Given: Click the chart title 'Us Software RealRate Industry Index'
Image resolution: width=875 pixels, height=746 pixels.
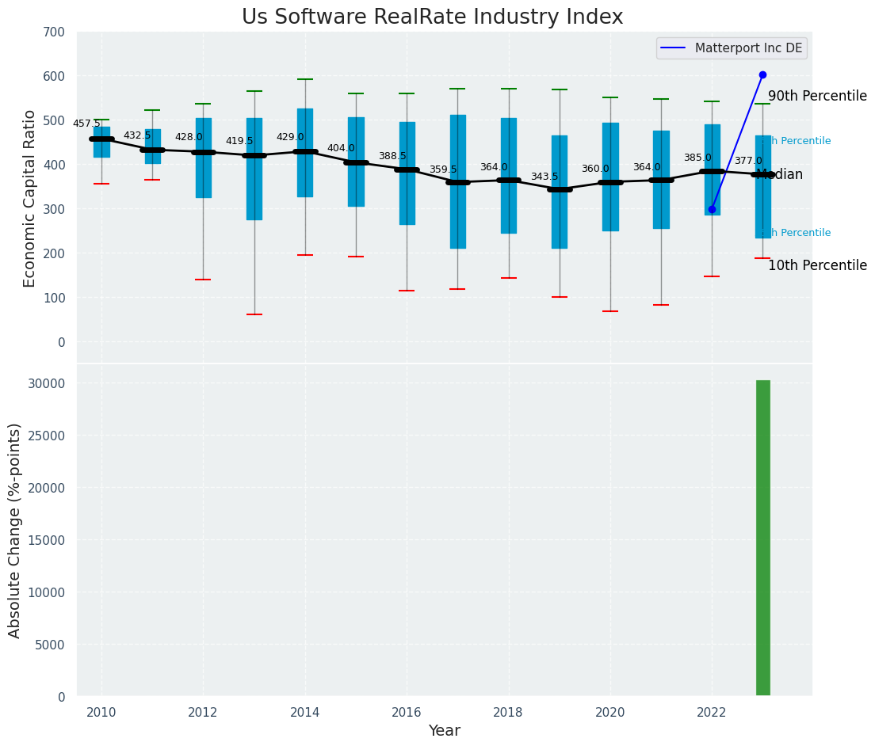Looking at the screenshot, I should point(432,17).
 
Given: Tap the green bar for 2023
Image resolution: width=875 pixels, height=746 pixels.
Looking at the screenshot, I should point(762,538).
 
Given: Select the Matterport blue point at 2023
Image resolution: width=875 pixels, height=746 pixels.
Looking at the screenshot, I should point(762,75).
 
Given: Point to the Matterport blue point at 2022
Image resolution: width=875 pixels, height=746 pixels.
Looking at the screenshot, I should point(712,210).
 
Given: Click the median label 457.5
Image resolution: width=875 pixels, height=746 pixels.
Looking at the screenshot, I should point(86,124).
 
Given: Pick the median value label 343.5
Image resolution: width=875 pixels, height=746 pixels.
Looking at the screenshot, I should point(544,177).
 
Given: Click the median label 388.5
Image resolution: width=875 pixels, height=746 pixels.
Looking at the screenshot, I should point(392,156).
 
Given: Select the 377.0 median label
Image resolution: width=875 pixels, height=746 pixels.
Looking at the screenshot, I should point(747,161).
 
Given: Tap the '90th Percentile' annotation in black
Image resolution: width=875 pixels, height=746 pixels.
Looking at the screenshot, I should point(817,96).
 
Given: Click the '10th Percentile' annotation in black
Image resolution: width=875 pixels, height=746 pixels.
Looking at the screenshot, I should point(817,265).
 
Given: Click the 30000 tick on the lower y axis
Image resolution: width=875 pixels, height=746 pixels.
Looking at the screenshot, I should point(49,383).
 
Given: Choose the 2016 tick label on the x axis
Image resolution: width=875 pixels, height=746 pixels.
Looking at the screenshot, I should point(407,713).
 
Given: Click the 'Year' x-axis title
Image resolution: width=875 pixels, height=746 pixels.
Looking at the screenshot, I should point(444,731).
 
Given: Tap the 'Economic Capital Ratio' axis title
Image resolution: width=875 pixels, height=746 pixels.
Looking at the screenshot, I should point(30,198).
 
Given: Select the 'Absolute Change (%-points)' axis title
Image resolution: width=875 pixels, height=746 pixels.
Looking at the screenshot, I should point(15,530).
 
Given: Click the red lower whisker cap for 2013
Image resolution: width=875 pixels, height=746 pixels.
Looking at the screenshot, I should point(254,314).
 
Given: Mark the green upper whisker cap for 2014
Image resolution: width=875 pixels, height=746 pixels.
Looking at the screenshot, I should point(305,79).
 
